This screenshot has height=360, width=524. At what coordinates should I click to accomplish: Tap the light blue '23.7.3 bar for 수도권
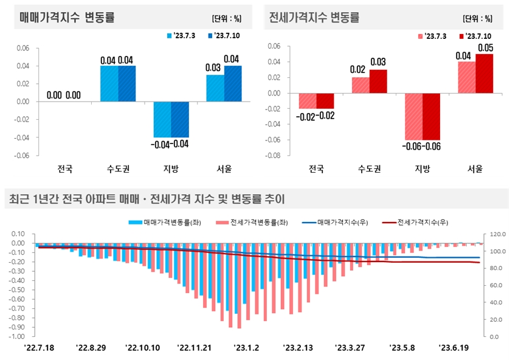pos(109,84)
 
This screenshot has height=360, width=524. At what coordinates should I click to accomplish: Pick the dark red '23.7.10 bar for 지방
pos(432,117)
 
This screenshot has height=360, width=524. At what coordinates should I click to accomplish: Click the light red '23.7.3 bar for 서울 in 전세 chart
pos(466,77)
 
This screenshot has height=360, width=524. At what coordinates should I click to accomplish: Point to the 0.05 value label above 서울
pos(485,47)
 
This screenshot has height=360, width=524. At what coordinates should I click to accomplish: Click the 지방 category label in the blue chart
pos(171,168)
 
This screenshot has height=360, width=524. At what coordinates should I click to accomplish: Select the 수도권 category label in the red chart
pos(369,169)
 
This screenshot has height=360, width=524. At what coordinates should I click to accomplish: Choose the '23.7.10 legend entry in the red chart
pos(479,36)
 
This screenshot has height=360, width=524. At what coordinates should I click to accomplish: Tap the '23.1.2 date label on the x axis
pos(246,348)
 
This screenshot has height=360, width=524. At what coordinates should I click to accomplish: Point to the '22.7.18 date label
pos(40,348)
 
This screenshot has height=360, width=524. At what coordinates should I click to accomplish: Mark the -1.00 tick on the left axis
pos(18,336)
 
